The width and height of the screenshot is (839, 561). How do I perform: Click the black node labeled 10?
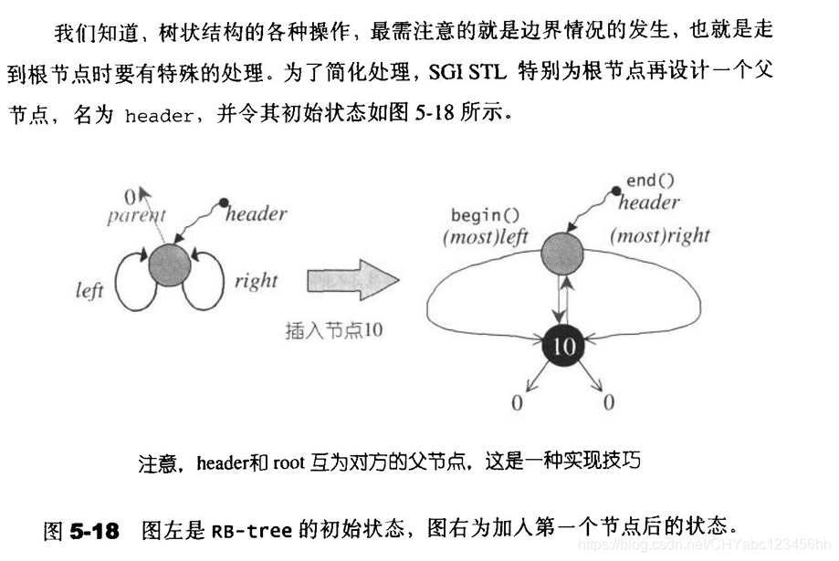click(x=564, y=347)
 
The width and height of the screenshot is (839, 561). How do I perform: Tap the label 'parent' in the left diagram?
click(x=136, y=216)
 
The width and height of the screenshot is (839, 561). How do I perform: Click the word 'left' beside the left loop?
click(x=89, y=291)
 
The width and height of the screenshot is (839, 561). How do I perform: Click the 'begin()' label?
click(x=485, y=216)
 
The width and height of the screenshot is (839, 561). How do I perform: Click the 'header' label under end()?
click(x=649, y=203)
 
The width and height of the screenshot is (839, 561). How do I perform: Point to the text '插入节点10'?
click(x=333, y=330)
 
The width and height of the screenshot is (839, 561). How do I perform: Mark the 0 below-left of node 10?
click(x=517, y=402)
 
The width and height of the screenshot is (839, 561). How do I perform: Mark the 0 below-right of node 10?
click(x=608, y=402)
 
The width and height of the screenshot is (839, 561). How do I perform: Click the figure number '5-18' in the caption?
click(x=95, y=529)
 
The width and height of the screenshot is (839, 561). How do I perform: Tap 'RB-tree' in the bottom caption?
click(x=253, y=529)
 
